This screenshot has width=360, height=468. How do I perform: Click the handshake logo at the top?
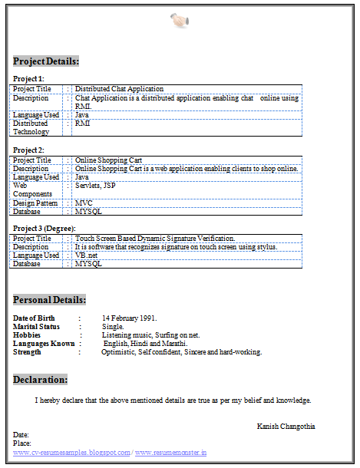(180, 21)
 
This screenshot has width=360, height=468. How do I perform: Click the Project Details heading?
(46, 61)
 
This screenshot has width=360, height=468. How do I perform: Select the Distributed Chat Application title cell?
(119, 89)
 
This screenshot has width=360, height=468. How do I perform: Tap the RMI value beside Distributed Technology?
(82, 123)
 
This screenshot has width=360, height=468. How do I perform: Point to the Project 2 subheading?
(29, 150)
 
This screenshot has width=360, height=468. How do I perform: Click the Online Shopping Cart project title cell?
(108, 160)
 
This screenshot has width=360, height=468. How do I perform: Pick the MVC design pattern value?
(84, 203)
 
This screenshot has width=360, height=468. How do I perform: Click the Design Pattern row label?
(36, 203)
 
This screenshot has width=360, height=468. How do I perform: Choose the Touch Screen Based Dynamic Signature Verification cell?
(155, 239)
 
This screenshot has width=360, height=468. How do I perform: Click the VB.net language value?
(86, 255)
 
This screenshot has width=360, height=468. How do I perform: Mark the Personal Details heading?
(50, 299)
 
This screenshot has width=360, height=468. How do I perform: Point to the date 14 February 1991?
(129, 318)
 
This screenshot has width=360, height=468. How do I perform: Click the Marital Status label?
(36, 327)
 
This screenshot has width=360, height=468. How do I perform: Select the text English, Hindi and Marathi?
(145, 344)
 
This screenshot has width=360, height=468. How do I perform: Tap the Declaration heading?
(41, 379)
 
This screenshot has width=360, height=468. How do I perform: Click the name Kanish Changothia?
(286, 426)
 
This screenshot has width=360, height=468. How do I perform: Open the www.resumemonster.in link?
(170, 453)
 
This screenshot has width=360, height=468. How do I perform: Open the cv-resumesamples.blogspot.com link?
(71, 453)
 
